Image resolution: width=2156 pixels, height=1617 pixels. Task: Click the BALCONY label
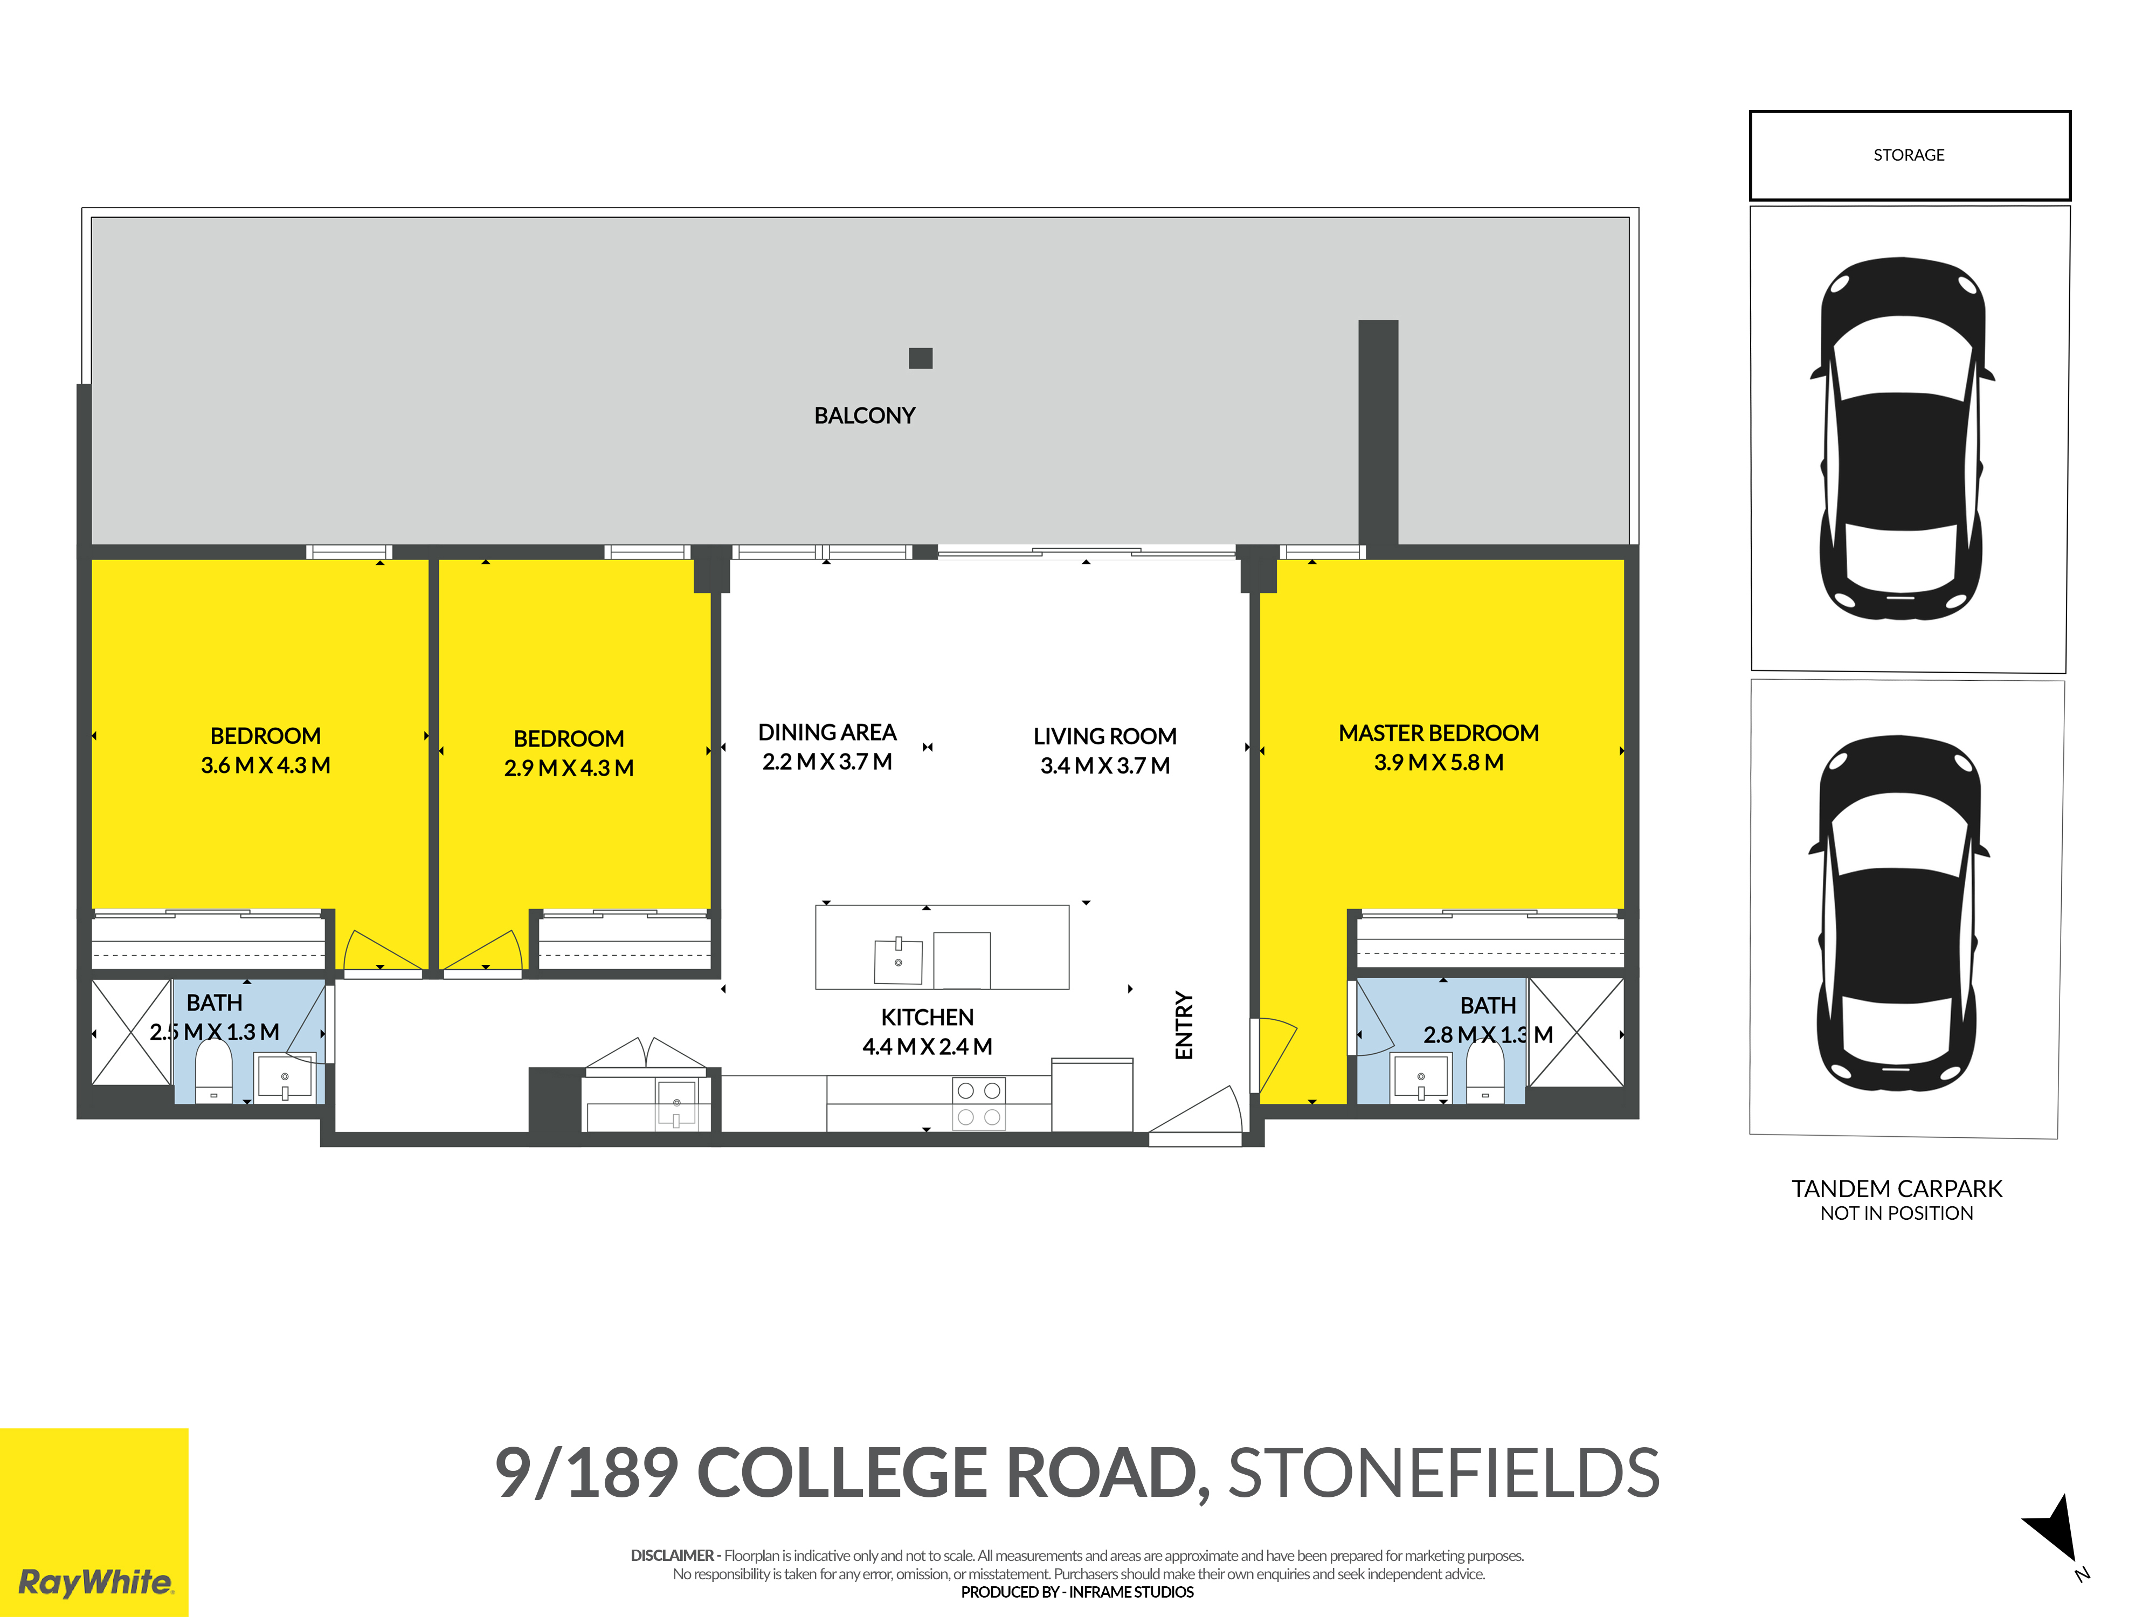pyautogui.click(x=865, y=415)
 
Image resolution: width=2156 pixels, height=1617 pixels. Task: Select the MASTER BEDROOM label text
pyautogui.click(x=1439, y=733)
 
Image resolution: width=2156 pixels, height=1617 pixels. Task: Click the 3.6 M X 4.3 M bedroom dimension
pyautogui.click(x=265, y=765)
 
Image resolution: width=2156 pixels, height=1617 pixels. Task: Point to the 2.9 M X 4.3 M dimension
pyautogui.click(x=569, y=768)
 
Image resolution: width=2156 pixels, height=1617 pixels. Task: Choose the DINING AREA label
pyautogui.click(x=827, y=732)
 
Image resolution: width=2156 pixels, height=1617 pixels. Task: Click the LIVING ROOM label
pyautogui.click(x=1105, y=736)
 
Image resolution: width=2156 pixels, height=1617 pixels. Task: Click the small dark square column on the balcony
pyautogui.click(x=920, y=358)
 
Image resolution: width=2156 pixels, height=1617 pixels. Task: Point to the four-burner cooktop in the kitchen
pyautogui.click(x=979, y=1103)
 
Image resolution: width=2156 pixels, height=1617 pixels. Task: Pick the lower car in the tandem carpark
pyautogui.click(x=1898, y=913)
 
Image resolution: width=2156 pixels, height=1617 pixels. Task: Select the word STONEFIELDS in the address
pyautogui.click(x=1443, y=1473)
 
